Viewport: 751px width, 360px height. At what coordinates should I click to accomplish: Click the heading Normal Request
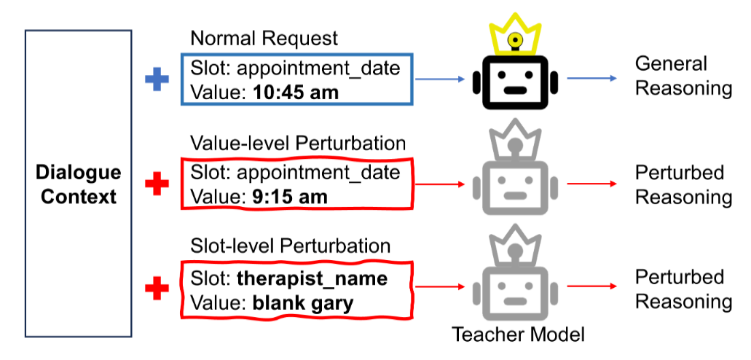(x=264, y=39)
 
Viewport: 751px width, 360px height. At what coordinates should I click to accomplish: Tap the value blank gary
(x=302, y=302)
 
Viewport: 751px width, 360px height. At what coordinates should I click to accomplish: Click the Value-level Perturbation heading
(x=297, y=143)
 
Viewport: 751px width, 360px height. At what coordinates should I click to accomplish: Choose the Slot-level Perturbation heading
(x=290, y=246)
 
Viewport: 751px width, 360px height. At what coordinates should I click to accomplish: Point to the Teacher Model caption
(x=518, y=334)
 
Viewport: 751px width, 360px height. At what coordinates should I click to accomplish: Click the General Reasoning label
(x=683, y=76)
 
